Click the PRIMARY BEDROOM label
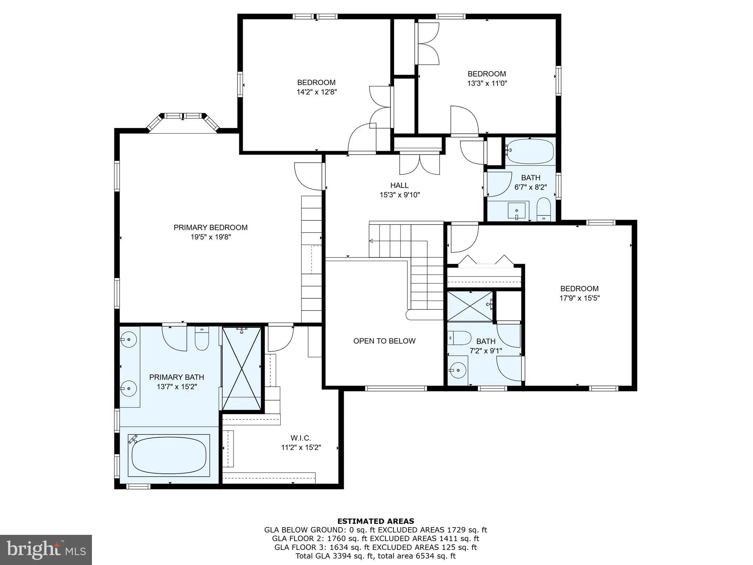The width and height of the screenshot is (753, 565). click(210, 227)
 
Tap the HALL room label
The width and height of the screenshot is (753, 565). click(399, 185)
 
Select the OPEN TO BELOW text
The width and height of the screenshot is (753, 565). click(384, 341)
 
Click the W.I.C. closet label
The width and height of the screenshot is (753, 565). click(300, 438)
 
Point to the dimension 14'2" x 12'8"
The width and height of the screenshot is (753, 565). click(317, 92)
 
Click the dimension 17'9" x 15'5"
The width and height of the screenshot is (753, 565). click(579, 298)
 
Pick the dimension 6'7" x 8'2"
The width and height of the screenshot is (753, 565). click(531, 187)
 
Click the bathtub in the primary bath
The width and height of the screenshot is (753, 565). click(169, 455)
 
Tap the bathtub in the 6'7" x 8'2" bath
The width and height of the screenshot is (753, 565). click(530, 151)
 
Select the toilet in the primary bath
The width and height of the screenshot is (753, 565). click(201, 339)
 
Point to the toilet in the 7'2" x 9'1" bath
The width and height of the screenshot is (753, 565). click(460, 338)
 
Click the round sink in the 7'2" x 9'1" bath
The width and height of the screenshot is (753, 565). click(457, 370)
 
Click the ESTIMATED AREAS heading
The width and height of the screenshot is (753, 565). click(375, 521)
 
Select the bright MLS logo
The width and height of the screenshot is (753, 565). click(46, 550)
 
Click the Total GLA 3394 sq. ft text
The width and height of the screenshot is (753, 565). click(375, 556)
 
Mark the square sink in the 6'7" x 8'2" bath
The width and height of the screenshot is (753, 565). click(517, 211)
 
